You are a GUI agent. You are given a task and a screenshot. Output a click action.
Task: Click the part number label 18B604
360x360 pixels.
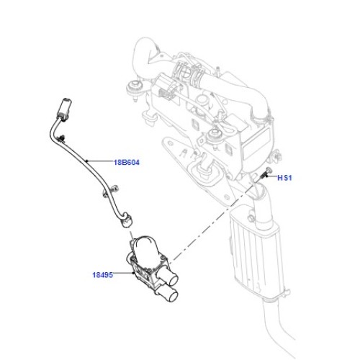point(127,163)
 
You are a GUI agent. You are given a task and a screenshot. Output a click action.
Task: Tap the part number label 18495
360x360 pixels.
point(103,275)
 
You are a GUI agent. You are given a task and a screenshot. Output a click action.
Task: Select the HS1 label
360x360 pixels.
point(284,178)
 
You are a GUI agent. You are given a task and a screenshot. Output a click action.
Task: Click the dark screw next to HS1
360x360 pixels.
point(265,174)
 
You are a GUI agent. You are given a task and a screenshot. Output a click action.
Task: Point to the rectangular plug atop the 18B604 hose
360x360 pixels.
point(65,108)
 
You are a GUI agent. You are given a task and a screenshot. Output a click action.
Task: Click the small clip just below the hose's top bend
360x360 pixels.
point(61,138)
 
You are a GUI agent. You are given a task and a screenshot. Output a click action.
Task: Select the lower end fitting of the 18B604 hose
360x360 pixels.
point(127,220)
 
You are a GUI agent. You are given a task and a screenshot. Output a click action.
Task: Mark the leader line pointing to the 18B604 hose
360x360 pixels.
point(99,161)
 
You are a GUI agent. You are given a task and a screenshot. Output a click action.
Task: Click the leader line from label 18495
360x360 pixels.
point(123,273)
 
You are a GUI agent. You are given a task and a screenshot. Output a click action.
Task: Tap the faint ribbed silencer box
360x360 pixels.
point(258,252)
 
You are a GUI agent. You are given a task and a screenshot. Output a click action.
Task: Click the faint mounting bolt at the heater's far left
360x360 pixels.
point(136,89)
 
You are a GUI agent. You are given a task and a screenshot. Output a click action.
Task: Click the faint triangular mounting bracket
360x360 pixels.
point(199,168)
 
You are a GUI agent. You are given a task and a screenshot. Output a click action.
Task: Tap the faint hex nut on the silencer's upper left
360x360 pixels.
point(251,218)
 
